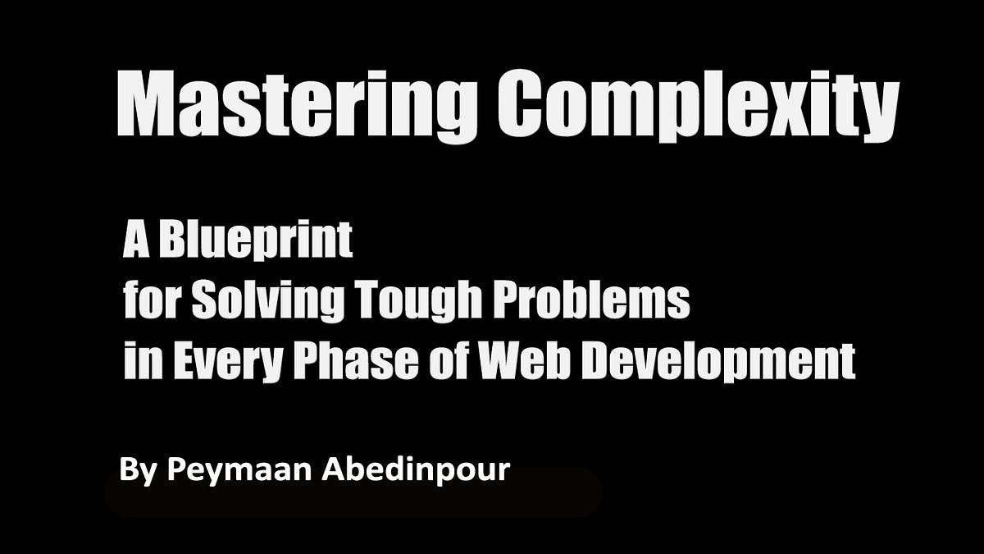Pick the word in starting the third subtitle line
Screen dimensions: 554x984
[136, 361]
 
